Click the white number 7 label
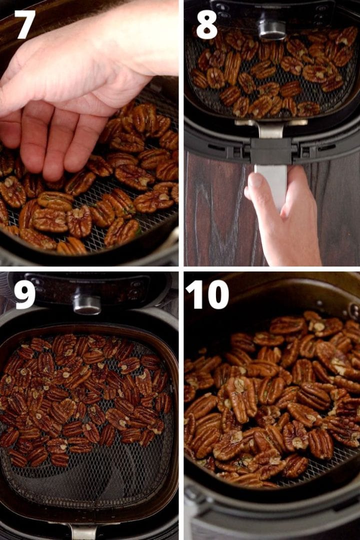24,23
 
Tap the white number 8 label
206,23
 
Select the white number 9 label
24,295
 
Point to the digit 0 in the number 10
216,295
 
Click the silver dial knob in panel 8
272,29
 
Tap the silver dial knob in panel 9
87,303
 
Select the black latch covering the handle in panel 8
270,151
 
